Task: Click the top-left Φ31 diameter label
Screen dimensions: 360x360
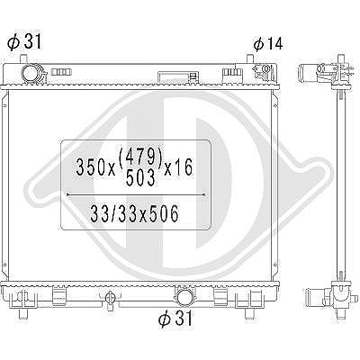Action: click(24, 41)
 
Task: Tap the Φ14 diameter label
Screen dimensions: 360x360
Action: click(268, 44)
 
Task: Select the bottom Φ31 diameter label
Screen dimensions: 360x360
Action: click(175, 318)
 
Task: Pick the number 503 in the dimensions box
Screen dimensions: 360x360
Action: click(140, 177)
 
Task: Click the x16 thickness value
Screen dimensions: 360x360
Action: click(178, 167)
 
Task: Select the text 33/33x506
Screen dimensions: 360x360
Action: click(134, 213)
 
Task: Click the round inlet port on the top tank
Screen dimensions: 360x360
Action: click(31, 74)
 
